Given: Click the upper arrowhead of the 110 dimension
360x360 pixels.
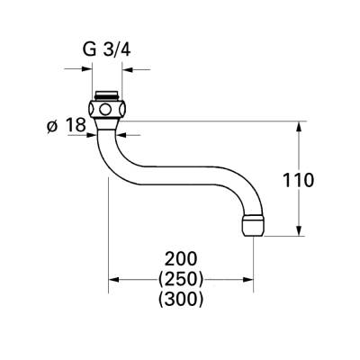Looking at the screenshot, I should tap(299, 125).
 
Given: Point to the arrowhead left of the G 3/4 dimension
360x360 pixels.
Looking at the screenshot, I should tap(87, 69).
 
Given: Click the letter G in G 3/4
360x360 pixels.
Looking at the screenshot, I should tap(89, 49).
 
